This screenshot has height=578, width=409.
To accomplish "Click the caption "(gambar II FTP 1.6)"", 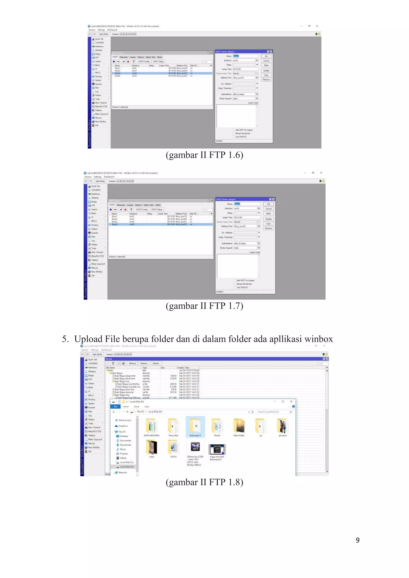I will (204, 155).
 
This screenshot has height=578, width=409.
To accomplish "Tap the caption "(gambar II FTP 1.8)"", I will (204, 482).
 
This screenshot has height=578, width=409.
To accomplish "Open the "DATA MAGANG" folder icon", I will (151, 426).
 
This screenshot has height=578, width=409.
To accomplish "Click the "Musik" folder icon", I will (217, 426).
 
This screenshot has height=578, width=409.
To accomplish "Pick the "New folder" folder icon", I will (239, 426).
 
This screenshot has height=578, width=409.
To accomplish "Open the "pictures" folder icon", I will (283, 426).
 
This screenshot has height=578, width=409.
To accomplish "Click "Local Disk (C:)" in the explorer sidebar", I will (126, 462).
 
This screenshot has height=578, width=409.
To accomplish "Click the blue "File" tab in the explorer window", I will (116, 407).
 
